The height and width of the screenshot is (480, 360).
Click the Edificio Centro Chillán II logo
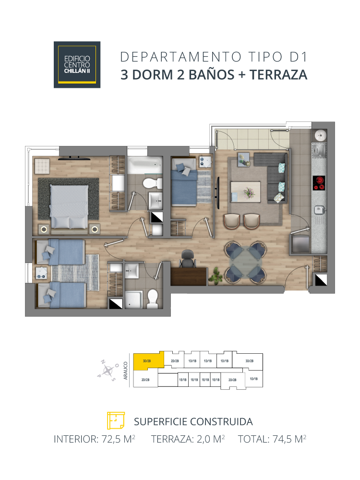point(77,64)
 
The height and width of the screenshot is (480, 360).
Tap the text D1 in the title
point(298,57)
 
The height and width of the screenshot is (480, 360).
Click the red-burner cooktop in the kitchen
point(319,182)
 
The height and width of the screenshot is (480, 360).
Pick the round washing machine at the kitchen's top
point(319,136)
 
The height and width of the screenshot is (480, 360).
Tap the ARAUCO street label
point(125,371)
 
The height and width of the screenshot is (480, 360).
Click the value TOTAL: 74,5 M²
point(272,439)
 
